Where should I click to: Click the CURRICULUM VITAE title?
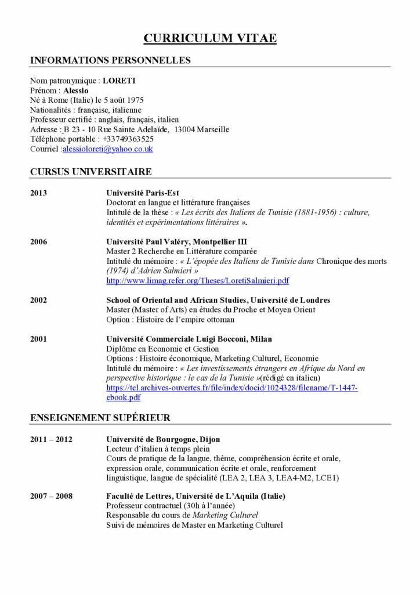pyautogui.click(x=210, y=38)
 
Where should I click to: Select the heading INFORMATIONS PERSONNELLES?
pyautogui.click(x=110, y=60)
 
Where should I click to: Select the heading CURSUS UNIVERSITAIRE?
pyautogui.click(x=90, y=172)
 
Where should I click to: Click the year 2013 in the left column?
pyautogui.click(x=38, y=193)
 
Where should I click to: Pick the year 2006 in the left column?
pyautogui.click(x=38, y=241)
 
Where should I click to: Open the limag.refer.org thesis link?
pyautogui.click(x=197, y=281)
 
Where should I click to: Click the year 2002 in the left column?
pyautogui.click(x=38, y=300)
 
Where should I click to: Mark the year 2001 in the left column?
pyautogui.click(x=38, y=339)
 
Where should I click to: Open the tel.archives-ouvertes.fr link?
pyautogui.click(x=232, y=387)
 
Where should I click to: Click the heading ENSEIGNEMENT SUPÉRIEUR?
pyautogui.click(x=100, y=418)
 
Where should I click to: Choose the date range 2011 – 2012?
pyautogui.click(x=51, y=439)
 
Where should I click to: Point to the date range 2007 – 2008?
pyautogui.click(x=51, y=497)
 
